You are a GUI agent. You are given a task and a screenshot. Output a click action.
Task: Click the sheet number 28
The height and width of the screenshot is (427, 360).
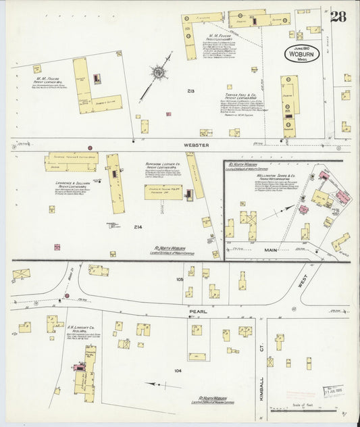pos(338,16)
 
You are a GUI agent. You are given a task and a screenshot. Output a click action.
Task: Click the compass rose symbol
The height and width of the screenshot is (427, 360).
pos(160,72)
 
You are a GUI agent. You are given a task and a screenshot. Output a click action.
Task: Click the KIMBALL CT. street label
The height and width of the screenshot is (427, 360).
pos(261,388)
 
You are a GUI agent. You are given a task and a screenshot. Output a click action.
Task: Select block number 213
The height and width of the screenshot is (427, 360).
pos(192,90)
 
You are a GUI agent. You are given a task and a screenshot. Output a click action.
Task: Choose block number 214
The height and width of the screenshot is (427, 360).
pos(138,226)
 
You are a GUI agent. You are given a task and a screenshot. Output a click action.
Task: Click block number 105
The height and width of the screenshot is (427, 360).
pos(180,278)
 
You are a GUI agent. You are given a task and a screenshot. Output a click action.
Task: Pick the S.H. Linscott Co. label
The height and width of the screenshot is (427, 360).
pos(82,331)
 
